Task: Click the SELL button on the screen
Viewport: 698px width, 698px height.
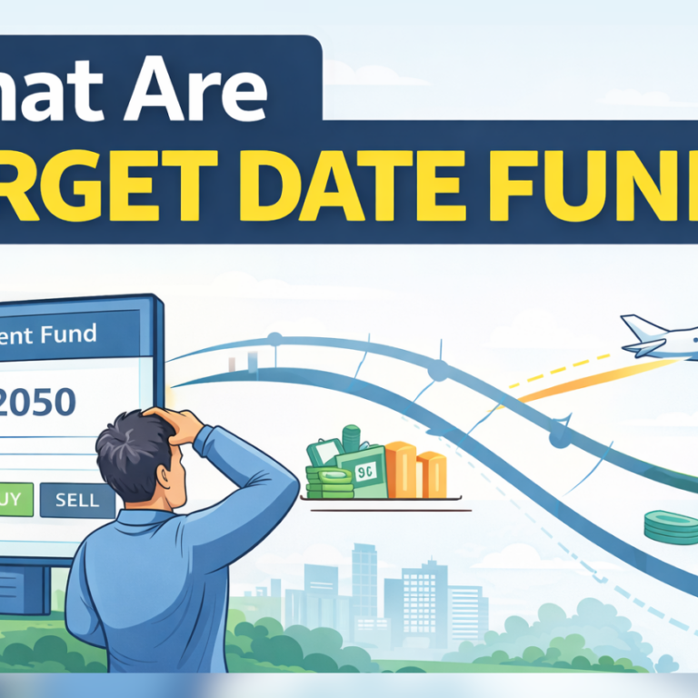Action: (78, 501)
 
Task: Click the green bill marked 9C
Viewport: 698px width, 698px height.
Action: (363, 472)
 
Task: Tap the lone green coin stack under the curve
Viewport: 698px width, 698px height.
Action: (670, 526)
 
